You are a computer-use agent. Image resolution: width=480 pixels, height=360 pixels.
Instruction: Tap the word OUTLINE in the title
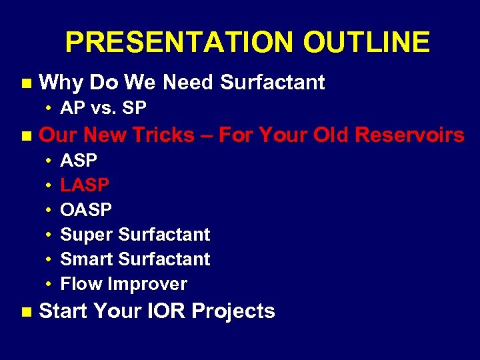tap(366, 43)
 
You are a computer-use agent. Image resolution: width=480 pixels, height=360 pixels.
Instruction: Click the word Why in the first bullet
tap(61, 83)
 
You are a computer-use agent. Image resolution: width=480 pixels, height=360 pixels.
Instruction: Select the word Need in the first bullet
tap(189, 83)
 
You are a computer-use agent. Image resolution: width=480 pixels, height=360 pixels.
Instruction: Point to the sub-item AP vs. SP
tap(103, 108)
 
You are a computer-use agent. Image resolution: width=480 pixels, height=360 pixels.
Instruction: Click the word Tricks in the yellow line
tap(165, 135)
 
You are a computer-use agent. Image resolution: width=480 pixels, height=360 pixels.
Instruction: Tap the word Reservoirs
tap(409, 135)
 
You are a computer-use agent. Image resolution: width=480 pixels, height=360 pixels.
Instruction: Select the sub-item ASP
tap(79, 161)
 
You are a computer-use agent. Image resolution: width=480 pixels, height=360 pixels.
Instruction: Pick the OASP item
tap(86, 209)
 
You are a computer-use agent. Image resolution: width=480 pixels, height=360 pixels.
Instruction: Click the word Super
tap(87, 235)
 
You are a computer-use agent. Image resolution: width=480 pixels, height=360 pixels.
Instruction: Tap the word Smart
tap(87, 259)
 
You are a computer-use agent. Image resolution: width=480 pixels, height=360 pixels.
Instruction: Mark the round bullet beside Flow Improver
tap(49, 285)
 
